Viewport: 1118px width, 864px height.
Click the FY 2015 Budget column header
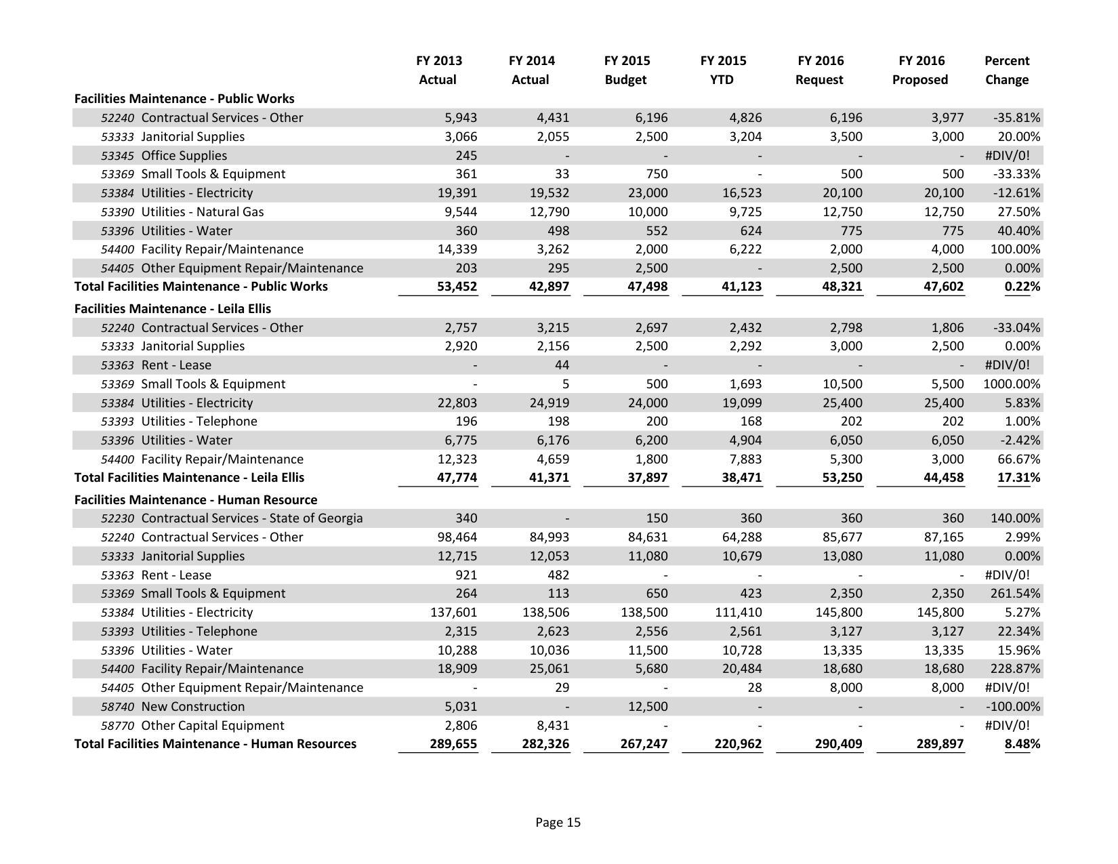(x=625, y=70)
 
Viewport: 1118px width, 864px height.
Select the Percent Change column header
(x=1006, y=70)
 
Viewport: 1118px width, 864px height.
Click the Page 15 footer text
(x=558, y=823)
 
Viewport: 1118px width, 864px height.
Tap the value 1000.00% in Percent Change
(x=1011, y=384)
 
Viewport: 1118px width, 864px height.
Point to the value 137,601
(x=453, y=613)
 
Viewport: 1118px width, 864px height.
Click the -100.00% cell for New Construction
(x=1013, y=707)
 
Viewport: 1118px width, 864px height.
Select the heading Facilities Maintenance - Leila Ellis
(x=172, y=309)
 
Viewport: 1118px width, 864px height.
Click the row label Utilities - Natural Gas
(x=202, y=212)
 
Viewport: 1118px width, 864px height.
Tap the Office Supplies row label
(x=184, y=156)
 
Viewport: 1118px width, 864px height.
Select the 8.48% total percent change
(x=1022, y=744)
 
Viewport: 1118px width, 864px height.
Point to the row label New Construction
(x=192, y=707)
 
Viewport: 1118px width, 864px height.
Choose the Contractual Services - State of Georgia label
(x=251, y=518)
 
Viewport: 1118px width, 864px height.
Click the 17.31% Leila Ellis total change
(x=1018, y=478)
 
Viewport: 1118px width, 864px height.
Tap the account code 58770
(x=117, y=726)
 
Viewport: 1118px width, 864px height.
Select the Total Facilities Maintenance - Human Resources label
(x=215, y=744)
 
